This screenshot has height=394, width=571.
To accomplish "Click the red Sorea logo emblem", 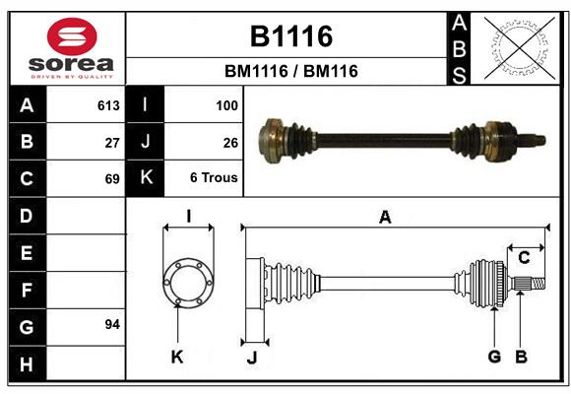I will (72, 37).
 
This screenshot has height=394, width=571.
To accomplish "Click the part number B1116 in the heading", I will (290, 37).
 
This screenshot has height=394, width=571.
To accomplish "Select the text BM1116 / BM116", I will (290, 72).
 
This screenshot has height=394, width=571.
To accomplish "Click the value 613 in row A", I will (108, 105).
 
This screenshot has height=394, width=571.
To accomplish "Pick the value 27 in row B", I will (112, 142).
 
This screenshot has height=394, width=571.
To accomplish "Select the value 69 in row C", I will (112, 178).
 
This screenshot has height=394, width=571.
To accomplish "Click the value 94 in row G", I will (112, 324).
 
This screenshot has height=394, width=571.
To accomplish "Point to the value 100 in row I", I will (226, 105).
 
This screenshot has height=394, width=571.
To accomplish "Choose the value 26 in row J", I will (230, 142).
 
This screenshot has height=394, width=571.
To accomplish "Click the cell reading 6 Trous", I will (214, 178).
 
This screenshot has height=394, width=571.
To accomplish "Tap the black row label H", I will (27, 364).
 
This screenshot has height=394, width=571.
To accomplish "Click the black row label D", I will (27, 215).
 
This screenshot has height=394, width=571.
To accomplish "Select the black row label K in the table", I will (146, 178).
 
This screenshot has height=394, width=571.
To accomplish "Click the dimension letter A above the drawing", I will (385, 218).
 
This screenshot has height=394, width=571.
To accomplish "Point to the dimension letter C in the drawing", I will (524, 258).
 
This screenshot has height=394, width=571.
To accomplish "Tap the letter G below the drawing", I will (494, 356).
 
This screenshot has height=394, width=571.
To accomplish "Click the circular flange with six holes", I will (187, 283).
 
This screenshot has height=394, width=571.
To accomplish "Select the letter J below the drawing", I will (252, 357).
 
